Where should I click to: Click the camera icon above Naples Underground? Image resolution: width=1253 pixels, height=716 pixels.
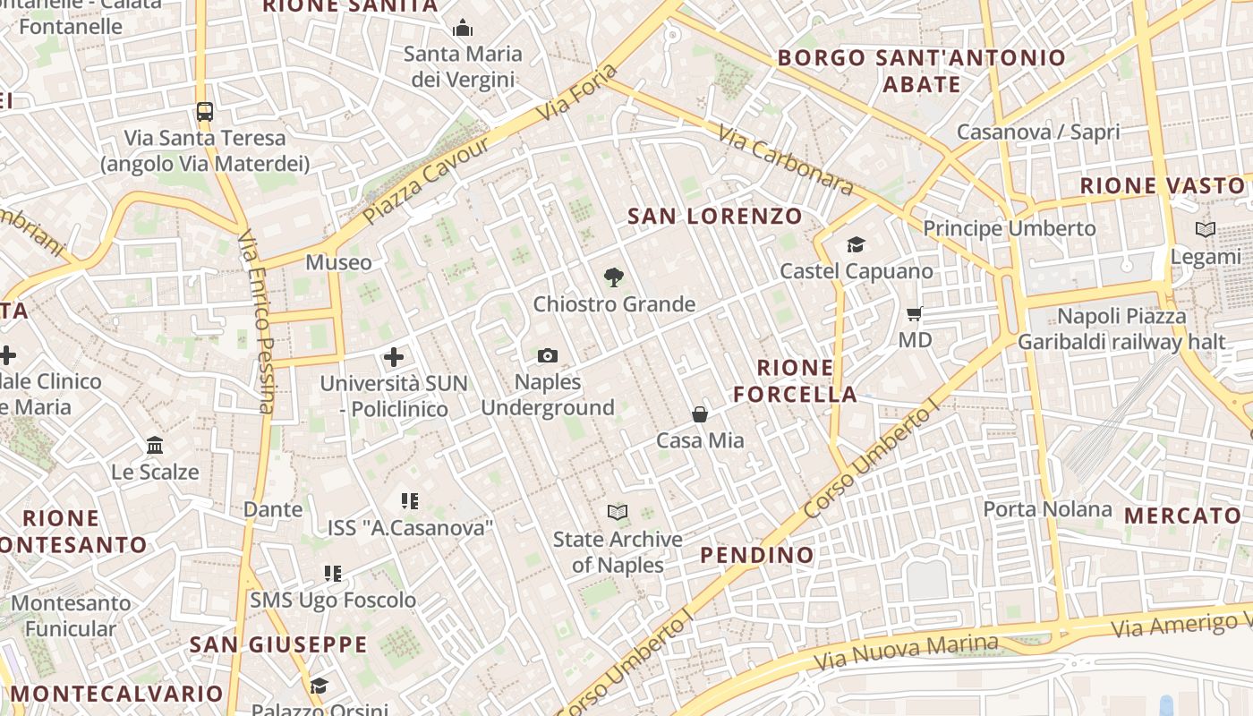point(548,356)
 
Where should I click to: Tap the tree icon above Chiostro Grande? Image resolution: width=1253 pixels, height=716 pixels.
point(614,277)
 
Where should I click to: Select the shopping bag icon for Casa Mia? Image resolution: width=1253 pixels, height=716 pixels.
point(700,414)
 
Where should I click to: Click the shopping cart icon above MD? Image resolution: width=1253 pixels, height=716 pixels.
point(915,314)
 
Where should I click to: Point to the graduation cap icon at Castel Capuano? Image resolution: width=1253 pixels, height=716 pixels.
point(857,244)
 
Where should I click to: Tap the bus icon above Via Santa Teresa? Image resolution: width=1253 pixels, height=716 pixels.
point(205,112)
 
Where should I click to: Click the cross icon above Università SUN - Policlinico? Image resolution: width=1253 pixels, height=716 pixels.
point(394,358)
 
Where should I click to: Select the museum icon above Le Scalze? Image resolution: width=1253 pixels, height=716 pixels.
point(155,445)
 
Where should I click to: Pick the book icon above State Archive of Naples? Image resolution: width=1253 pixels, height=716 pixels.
point(618,513)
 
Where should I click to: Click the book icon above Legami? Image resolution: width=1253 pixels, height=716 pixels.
point(1206,230)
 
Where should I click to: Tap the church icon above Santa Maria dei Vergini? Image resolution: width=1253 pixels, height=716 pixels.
point(463,29)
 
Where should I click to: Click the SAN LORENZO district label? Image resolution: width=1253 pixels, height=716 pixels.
point(715,217)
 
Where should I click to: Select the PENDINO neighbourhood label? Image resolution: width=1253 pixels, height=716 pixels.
point(757,555)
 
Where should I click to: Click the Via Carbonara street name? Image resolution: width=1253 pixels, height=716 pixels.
point(786,160)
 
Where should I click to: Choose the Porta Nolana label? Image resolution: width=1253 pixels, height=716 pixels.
point(1047,510)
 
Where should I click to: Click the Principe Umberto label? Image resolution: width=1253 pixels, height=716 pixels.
point(1010,229)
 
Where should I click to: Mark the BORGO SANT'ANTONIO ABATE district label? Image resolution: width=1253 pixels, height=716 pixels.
point(922,72)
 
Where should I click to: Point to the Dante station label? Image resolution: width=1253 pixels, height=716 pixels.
point(273,509)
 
